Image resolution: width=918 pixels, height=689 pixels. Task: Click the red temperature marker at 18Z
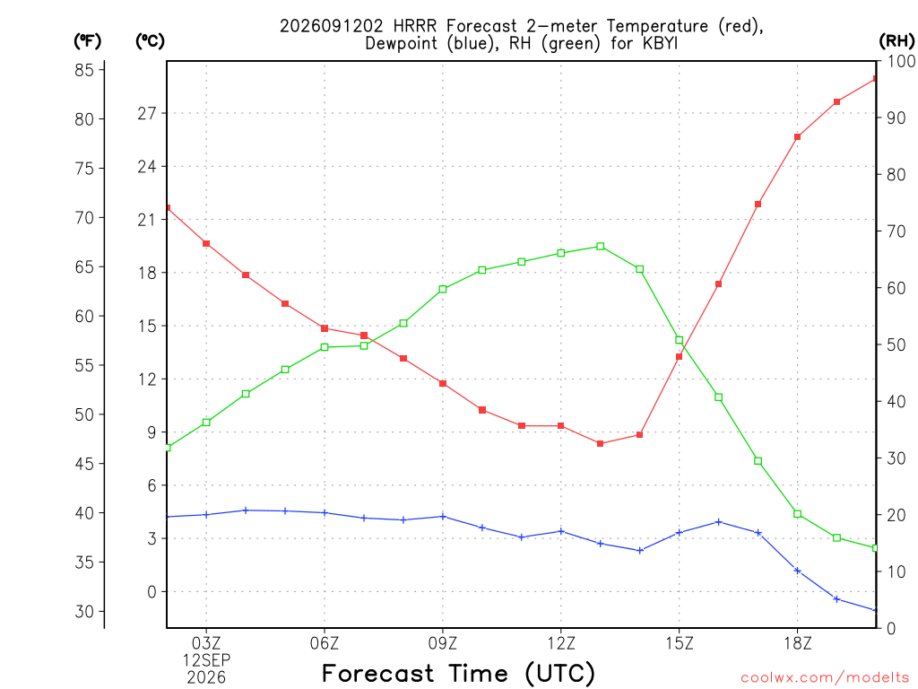(797, 137)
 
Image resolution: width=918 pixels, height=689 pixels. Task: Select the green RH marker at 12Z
(561, 253)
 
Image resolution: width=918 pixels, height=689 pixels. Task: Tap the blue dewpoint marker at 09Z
(443, 517)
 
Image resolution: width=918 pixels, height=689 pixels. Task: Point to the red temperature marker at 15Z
(680, 356)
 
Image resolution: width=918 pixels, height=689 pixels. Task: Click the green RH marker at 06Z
(325, 347)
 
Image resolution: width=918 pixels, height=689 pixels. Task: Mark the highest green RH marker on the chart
(600, 247)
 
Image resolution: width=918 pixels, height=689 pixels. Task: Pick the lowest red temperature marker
(600, 443)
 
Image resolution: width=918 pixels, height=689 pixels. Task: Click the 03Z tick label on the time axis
(206, 643)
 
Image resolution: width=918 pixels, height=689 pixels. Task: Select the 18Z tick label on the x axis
(797, 643)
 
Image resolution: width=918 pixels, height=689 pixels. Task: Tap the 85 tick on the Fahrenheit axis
(84, 70)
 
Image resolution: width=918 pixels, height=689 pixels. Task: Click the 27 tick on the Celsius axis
(147, 113)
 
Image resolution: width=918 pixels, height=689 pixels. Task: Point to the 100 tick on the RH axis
(901, 61)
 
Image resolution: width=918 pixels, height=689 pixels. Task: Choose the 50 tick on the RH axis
(896, 344)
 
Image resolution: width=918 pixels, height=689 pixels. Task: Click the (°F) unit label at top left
(87, 41)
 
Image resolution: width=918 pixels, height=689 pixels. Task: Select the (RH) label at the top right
(896, 41)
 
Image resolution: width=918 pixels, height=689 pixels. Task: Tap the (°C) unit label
(150, 41)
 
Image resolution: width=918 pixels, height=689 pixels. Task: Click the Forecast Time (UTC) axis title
(458, 673)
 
